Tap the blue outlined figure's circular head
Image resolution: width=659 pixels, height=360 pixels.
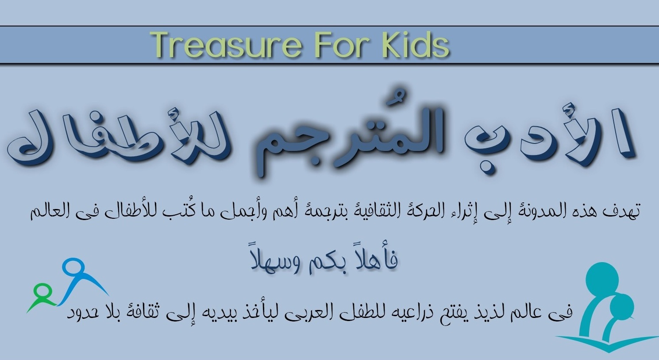click(73, 268)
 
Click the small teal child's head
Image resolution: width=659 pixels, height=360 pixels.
click(621, 306)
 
